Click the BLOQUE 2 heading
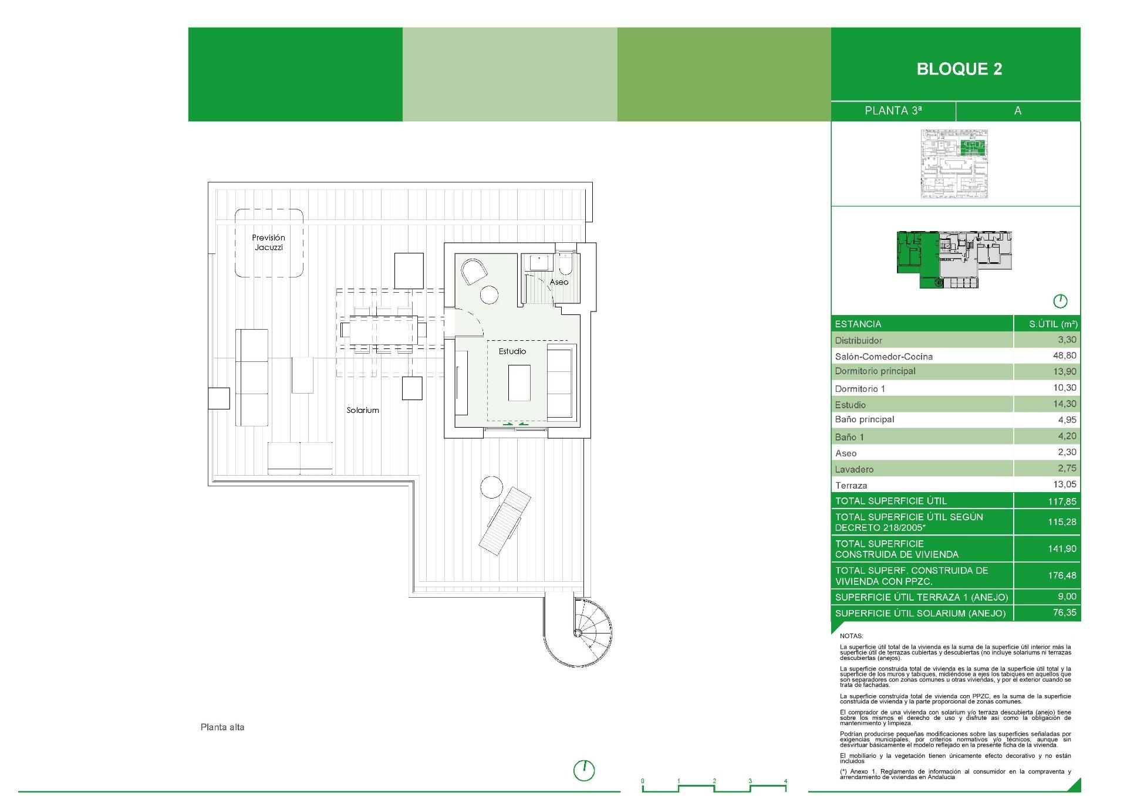pyautogui.click(x=959, y=69)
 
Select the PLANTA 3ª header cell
pyautogui.click(x=893, y=111)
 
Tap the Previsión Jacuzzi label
pyautogui.click(x=268, y=242)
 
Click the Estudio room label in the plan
pyautogui.click(x=512, y=351)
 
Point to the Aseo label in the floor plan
pyautogui.click(x=559, y=282)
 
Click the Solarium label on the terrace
pyautogui.click(x=362, y=411)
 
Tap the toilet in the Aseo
pyautogui.click(x=566, y=264)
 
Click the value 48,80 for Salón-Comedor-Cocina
pyautogui.click(x=1064, y=355)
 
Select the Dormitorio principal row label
pyautogui.click(x=875, y=371)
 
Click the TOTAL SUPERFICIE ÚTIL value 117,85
pyautogui.click(x=1062, y=502)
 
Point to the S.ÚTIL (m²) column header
pyautogui.click(x=1053, y=324)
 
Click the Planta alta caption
pyautogui.click(x=222, y=727)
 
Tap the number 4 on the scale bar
pyautogui.click(x=785, y=781)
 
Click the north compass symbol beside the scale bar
pyautogui.click(x=583, y=770)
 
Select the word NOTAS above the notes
pyautogui.click(x=851, y=636)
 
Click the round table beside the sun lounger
pyautogui.click(x=491, y=487)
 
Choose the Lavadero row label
pyautogui.click(x=854, y=469)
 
